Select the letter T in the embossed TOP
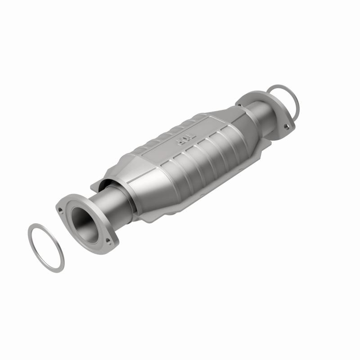[x=191, y=136]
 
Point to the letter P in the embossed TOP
[x=179, y=143]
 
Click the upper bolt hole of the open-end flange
[x=60, y=209]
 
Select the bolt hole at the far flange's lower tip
[x=286, y=127]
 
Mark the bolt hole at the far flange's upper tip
[x=239, y=105]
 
